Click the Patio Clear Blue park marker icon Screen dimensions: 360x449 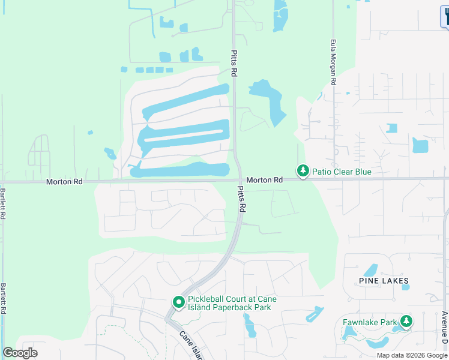tap(303, 172)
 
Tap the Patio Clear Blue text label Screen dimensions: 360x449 tap(342, 172)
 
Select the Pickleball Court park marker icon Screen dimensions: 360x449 tap(178, 303)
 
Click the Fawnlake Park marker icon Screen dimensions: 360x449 tap(406, 322)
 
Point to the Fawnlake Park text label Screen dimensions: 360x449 tap(370, 322)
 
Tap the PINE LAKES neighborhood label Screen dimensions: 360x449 tap(384, 281)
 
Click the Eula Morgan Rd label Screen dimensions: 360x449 tap(333, 62)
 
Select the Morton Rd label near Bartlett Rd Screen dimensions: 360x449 tap(64, 181)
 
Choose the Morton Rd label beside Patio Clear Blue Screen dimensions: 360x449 tap(264, 180)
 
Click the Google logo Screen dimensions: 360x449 tap(20, 353)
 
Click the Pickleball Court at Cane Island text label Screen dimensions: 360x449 tap(229, 303)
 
